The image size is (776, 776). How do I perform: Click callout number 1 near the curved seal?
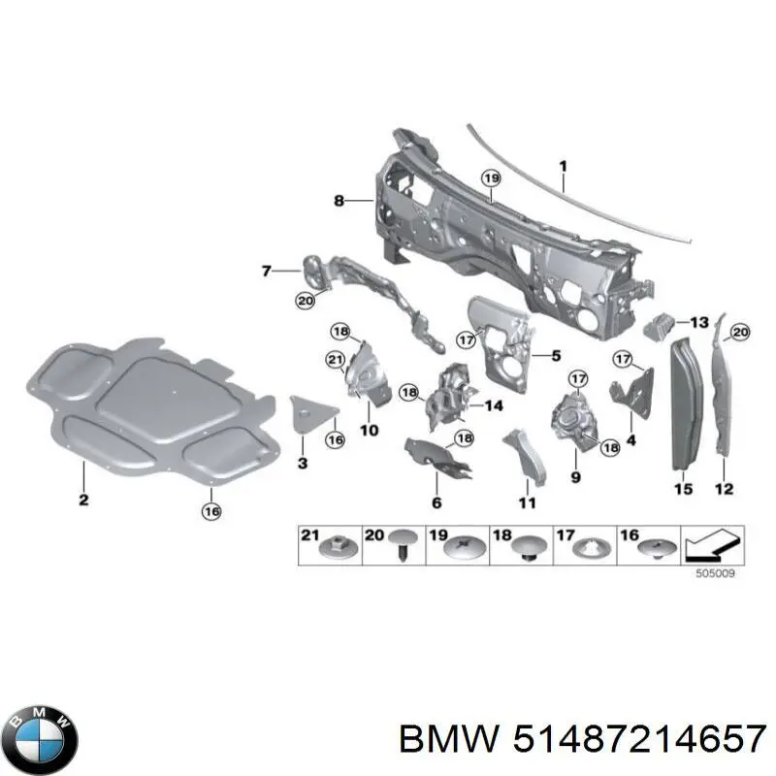(x=563, y=166)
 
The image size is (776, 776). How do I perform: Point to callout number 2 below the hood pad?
(x=83, y=500)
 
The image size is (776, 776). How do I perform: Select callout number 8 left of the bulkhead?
(x=339, y=201)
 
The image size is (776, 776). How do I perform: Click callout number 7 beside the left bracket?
(x=267, y=271)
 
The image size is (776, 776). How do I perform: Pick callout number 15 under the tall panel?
(x=683, y=490)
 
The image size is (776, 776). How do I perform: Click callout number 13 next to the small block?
(x=699, y=322)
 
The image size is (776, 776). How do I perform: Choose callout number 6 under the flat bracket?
(x=436, y=502)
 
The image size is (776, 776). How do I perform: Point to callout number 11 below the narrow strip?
(x=526, y=502)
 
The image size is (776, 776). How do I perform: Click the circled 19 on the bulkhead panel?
(x=491, y=178)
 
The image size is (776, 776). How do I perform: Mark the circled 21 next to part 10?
(x=335, y=361)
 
